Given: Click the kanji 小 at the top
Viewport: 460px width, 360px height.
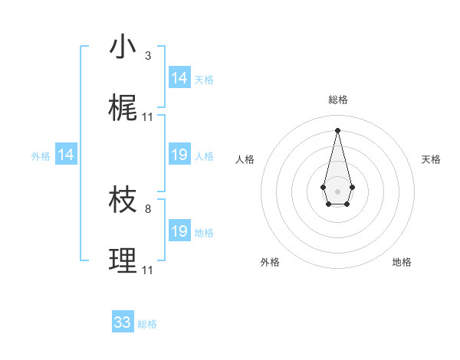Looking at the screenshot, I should click(123, 48).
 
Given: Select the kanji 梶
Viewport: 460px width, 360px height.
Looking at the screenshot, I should click(123, 109).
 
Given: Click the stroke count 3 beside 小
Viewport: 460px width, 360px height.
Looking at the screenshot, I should click(148, 56).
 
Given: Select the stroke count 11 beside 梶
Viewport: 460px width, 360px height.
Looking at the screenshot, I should click(148, 117).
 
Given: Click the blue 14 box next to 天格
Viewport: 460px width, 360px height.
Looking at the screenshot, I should click(179, 78).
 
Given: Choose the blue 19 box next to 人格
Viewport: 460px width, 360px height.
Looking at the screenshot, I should click(179, 155).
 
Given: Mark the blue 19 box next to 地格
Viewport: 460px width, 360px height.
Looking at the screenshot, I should click(179, 231).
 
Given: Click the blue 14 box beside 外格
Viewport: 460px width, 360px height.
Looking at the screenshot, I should click(67, 155).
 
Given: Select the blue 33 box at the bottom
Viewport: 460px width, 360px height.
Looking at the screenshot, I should click(123, 322).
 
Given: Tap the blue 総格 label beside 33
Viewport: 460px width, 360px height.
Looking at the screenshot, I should click(147, 324).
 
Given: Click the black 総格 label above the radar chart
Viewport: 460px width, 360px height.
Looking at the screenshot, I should click(337, 100).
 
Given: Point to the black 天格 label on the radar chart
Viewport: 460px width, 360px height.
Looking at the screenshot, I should click(431, 159).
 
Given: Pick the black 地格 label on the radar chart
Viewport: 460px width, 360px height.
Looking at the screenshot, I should click(402, 263).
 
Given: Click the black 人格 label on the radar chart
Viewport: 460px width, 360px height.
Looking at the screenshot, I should click(245, 159).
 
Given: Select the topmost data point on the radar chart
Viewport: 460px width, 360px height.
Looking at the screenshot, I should click(337, 129).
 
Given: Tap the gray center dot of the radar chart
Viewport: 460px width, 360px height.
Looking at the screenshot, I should click(337, 191).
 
